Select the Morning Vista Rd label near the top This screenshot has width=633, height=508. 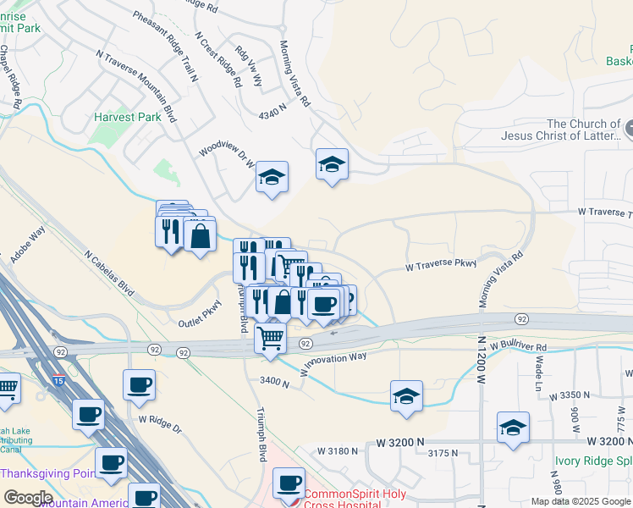[295, 73]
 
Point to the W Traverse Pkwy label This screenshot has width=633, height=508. [441, 265]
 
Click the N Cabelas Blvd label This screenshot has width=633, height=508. [109, 271]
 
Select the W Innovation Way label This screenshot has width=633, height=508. [334, 362]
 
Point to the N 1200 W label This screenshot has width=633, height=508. [481, 364]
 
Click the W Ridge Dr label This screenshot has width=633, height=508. [160, 422]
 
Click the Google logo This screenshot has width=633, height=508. [28, 497]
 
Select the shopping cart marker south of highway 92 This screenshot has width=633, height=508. [271, 339]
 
